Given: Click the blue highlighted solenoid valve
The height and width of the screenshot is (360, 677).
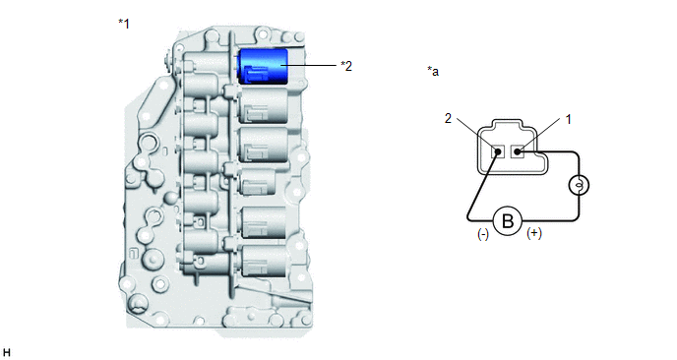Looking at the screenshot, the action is [x=264, y=66].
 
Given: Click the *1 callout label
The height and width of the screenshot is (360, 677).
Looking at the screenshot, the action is [x=124, y=24].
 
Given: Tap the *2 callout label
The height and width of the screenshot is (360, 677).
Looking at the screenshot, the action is [x=346, y=66].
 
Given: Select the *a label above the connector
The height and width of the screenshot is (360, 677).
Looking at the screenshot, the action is [x=433, y=71].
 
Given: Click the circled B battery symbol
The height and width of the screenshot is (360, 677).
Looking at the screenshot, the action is [x=508, y=221].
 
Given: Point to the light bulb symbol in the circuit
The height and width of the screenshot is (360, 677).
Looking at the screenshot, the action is [x=579, y=186].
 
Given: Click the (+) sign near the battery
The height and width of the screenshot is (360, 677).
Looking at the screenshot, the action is [x=534, y=233].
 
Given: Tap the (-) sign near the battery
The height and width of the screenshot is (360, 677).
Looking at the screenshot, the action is [x=483, y=234].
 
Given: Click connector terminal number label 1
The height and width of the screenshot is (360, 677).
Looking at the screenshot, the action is [x=568, y=120].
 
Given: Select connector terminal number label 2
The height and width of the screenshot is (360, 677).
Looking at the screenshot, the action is [x=448, y=118].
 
